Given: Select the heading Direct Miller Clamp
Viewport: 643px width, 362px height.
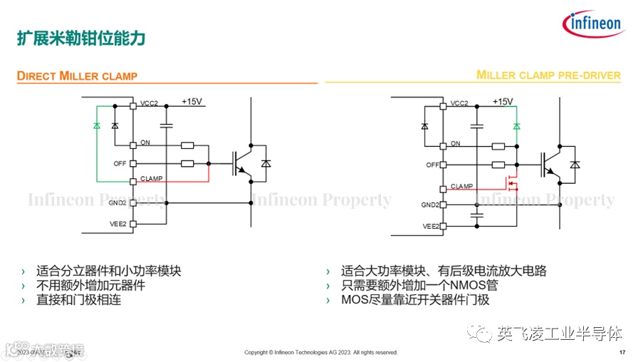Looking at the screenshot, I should coord(77,76).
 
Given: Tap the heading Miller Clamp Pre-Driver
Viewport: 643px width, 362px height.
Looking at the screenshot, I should coord(548,76).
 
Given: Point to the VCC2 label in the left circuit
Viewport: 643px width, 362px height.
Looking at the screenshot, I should coord(150,104).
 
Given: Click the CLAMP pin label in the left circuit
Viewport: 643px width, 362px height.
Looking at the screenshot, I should coord(151,179).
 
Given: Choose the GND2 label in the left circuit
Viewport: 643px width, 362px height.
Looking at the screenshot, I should coord(117,203).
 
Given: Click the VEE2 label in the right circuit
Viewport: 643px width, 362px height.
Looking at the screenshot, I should coord(431,226).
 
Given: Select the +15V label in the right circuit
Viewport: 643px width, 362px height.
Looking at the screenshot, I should coord(501,102).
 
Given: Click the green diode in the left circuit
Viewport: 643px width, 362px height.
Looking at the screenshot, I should coord(96,125).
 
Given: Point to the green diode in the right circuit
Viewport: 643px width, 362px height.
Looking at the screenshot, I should coord(516,126).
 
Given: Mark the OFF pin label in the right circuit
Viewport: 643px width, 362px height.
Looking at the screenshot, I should coord(432,165).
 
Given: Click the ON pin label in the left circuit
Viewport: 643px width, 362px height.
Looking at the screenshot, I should coord(145,143).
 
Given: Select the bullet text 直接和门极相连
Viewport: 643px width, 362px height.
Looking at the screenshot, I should coord(78,300).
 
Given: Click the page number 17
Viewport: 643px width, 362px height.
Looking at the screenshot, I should coord(622,353).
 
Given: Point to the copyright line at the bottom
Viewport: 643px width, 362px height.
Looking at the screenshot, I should coord(320,353).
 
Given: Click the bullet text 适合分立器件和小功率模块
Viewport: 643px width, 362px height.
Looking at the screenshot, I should coord(109,271).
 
